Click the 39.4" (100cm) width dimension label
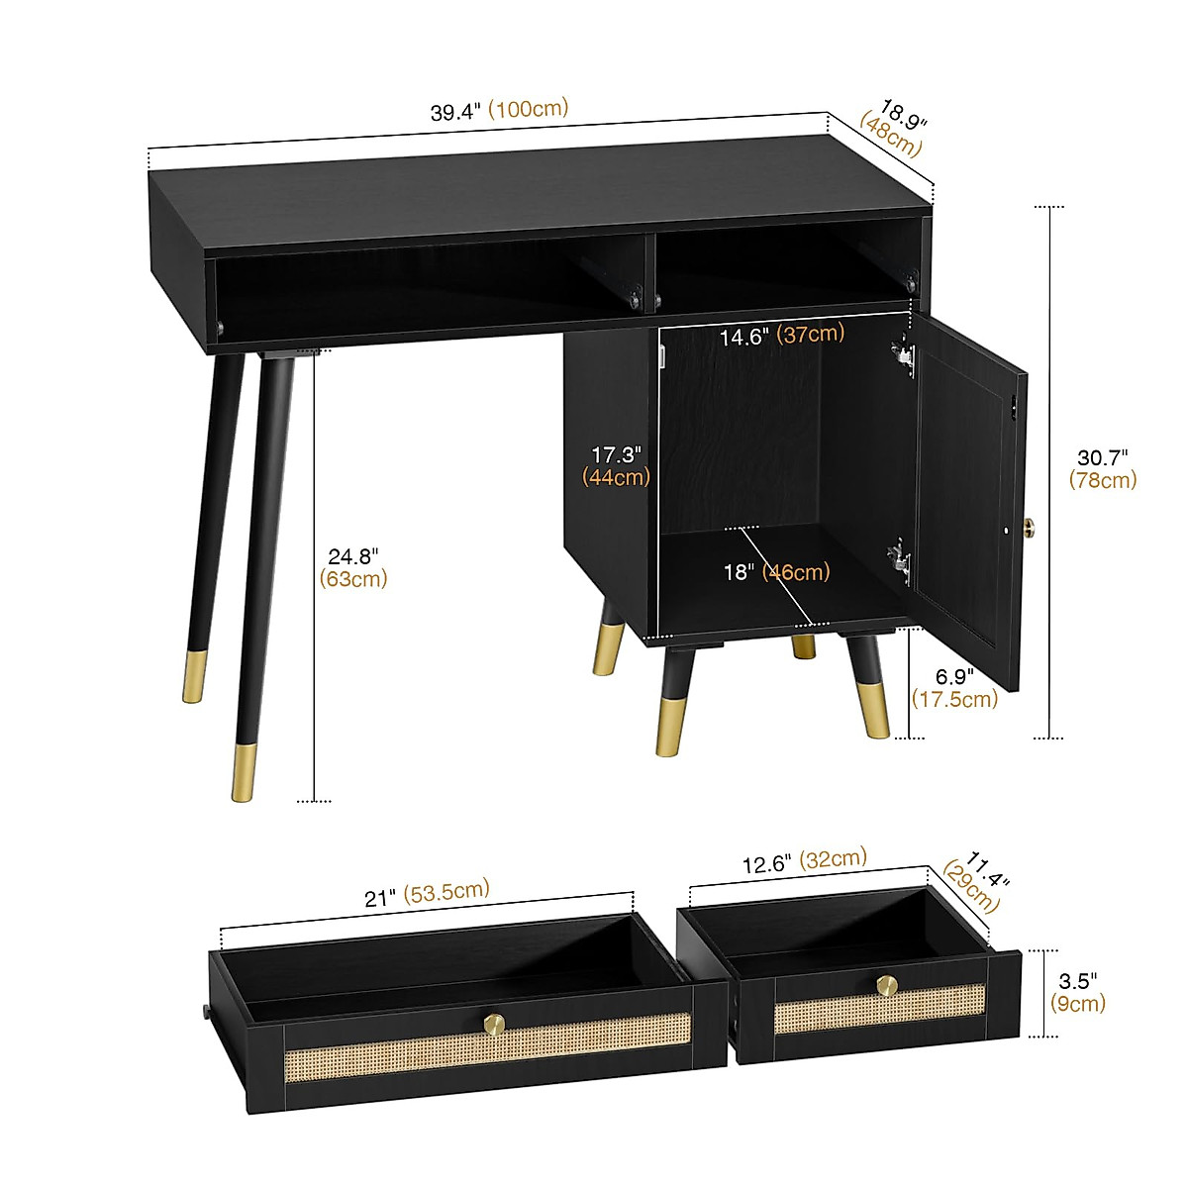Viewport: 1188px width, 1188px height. coord(499,110)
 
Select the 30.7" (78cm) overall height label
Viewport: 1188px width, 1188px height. coord(1103,468)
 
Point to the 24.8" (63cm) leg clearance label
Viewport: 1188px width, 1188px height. coord(353,567)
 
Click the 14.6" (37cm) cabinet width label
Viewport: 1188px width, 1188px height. coord(781,336)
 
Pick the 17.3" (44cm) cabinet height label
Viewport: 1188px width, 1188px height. coord(617,465)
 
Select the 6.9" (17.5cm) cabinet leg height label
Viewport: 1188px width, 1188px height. coord(954,688)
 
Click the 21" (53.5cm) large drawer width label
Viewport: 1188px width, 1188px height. coord(427,894)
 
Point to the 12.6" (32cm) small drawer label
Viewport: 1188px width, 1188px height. coord(804,860)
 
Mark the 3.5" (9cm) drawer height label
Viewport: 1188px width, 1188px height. coord(1077,992)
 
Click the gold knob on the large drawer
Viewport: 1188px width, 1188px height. coord(492,1021)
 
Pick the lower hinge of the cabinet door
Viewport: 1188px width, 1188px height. coord(898,559)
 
